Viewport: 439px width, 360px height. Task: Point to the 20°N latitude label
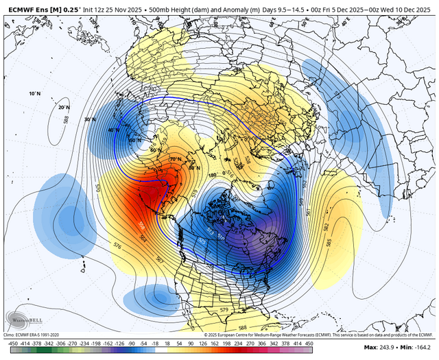(x=64, y=107)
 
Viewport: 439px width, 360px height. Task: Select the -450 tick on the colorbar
(x=9, y=343)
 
